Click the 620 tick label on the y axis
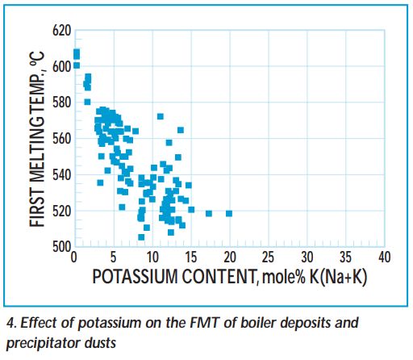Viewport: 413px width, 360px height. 62,31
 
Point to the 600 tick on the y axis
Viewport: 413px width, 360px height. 62,66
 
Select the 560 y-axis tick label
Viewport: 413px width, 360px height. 62,139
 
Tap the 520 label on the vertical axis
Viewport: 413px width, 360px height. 62,211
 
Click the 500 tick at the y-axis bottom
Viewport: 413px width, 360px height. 62,246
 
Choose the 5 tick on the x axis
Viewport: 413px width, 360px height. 113,257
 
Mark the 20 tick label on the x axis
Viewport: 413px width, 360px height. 229,257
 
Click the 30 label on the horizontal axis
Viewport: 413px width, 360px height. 307,257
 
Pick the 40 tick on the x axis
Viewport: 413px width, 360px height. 384,257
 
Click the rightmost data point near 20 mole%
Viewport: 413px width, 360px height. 229,213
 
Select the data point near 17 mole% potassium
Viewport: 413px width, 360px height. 209,213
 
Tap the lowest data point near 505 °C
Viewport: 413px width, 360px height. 141,237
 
